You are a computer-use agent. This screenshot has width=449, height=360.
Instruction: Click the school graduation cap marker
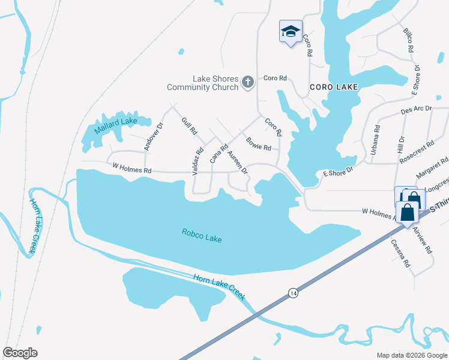pyautogui.click(x=291, y=32)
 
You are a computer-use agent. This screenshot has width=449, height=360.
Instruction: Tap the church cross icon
pyautogui.click(x=247, y=83)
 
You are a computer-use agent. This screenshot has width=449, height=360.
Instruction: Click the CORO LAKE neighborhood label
pyautogui.click(x=334, y=87)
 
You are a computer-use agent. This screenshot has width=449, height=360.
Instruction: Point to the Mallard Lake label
pyautogui.click(x=116, y=122)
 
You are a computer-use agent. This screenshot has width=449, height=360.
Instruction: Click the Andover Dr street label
pyautogui.click(x=152, y=137)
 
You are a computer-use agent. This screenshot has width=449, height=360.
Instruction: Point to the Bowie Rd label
pyautogui.click(x=259, y=144)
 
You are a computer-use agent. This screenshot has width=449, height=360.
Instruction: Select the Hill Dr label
pyautogui.click(x=401, y=147)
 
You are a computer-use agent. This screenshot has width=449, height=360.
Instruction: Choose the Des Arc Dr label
pyautogui.click(x=416, y=111)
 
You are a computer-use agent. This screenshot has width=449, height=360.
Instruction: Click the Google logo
pyautogui.click(x=20, y=353)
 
